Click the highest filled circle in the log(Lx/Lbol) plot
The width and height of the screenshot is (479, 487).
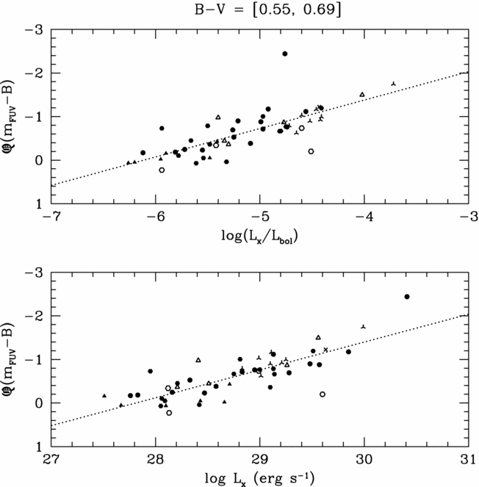coord(285,54)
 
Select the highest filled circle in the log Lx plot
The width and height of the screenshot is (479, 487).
coord(407,297)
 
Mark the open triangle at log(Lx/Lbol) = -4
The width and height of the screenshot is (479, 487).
coord(363,95)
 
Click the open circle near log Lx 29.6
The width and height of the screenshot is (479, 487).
coord(323,394)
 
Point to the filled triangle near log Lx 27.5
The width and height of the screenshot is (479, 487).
coord(104,396)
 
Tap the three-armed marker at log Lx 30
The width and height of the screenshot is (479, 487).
coord(364,325)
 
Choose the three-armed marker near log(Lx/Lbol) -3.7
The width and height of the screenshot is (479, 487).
coord(394,84)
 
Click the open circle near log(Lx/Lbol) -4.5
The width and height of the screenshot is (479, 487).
coord(311,151)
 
